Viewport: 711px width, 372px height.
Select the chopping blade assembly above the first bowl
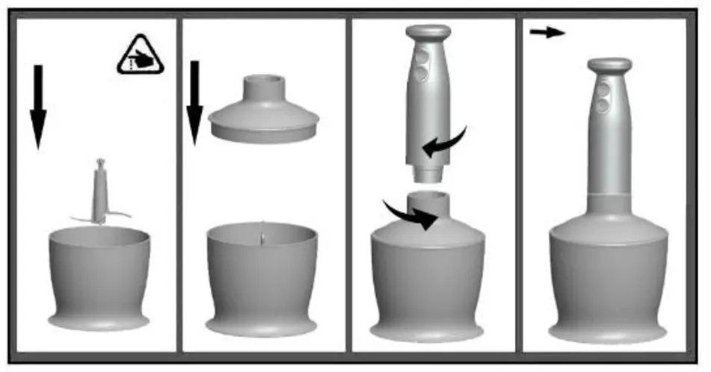(100, 193)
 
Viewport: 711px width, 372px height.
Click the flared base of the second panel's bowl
(262, 326)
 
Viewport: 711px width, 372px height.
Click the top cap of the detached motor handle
(427, 32)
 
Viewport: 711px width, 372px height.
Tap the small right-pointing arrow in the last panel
(547, 33)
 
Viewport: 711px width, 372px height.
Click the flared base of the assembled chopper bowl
(608, 329)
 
